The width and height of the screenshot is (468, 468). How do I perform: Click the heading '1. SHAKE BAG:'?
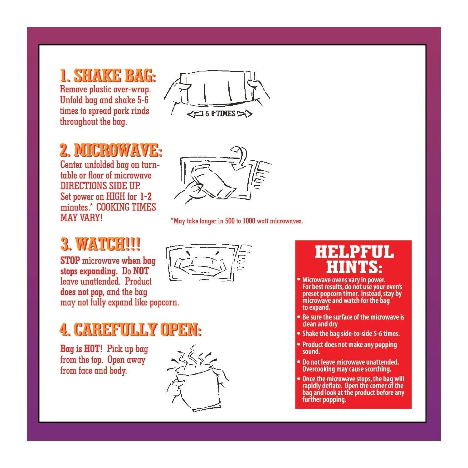[108, 76]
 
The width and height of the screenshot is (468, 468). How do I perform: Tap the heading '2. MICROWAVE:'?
[111, 151]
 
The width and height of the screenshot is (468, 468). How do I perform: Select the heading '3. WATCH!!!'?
[100, 244]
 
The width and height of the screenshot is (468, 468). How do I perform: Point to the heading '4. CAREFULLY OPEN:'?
[130, 329]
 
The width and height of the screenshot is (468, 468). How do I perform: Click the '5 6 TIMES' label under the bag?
[220, 114]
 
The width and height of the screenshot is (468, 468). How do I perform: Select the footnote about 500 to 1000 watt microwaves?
[237, 221]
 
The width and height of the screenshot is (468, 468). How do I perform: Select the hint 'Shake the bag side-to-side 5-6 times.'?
[351, 334]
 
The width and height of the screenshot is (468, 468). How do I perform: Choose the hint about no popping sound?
[349, 348]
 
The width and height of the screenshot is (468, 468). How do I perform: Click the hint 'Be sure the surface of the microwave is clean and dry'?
[353, 320]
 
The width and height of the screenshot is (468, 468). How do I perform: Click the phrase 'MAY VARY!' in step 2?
[81, 218]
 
